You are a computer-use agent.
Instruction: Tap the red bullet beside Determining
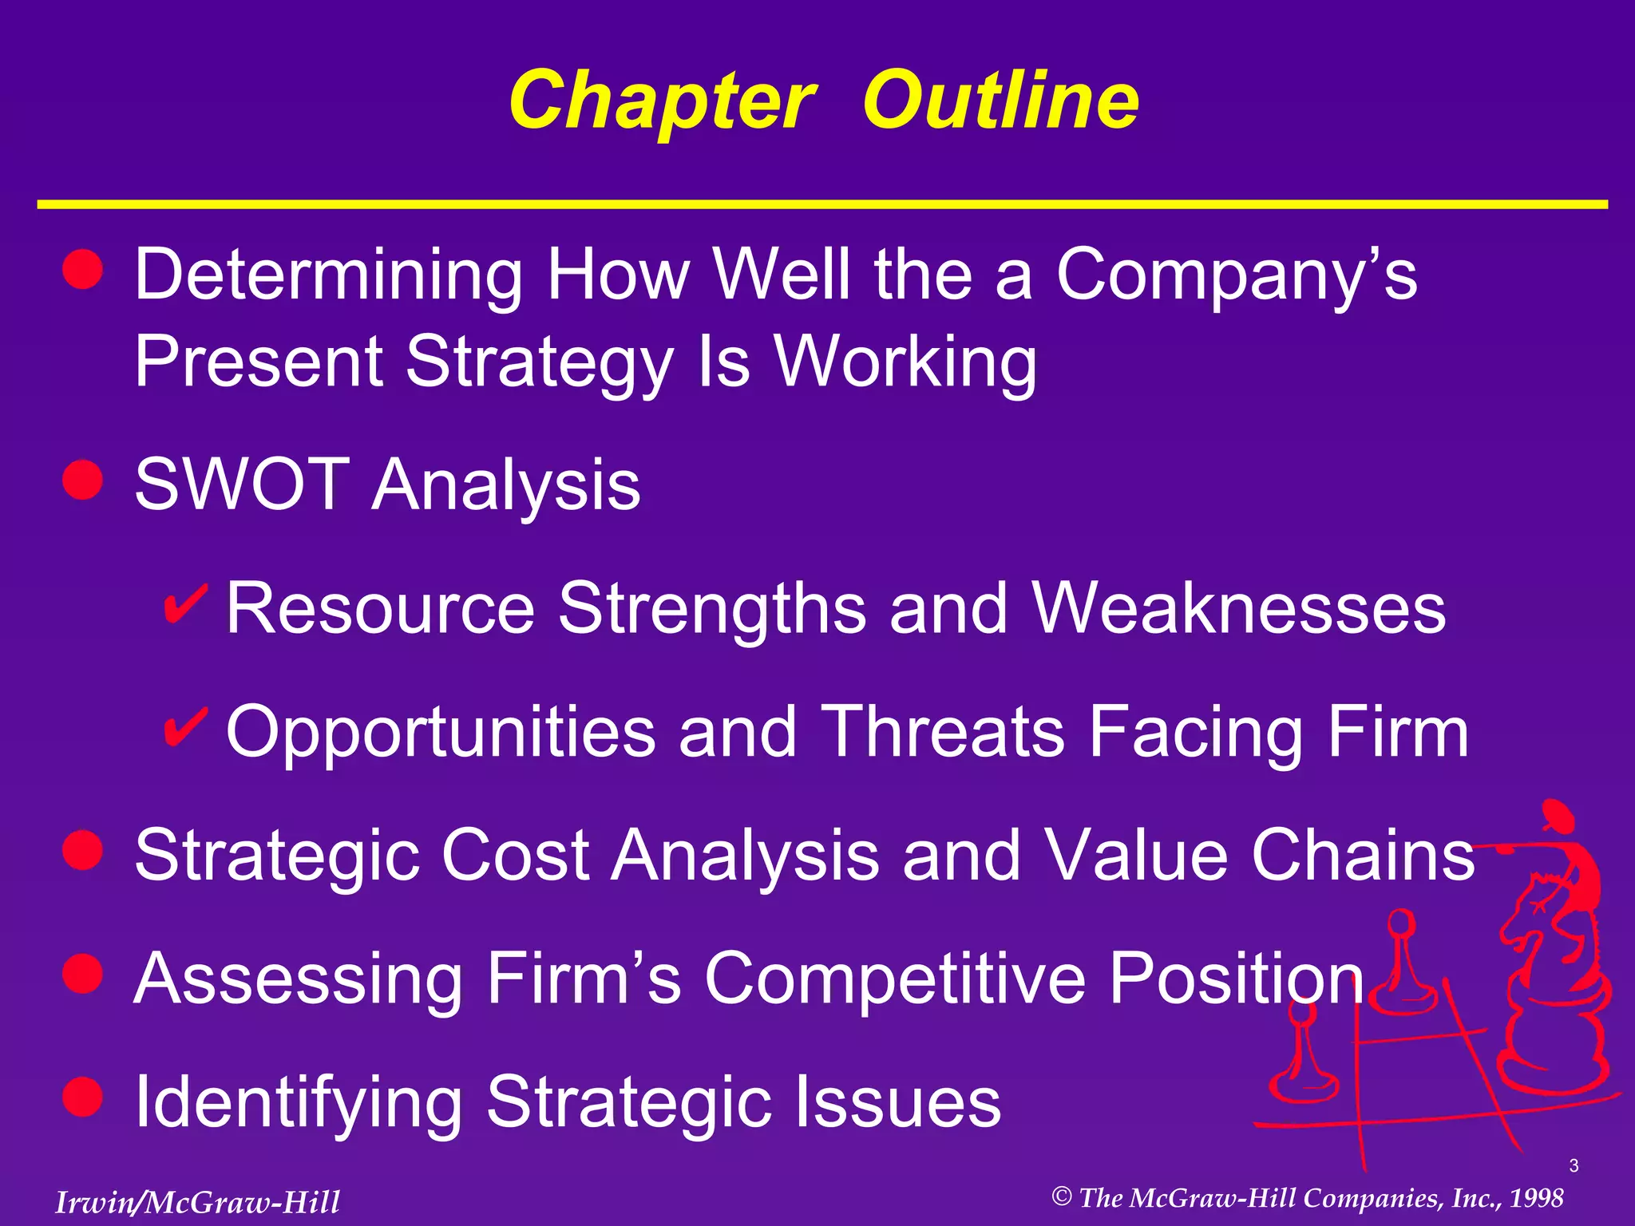coord(83,269)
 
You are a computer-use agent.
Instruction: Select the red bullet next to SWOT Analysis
coord(83,481)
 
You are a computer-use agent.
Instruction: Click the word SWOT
coord(242,484)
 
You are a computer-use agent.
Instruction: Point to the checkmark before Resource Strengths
coord(185,604)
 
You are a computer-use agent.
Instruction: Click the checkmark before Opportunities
coord(185,727)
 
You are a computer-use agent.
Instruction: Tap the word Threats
coord(943,732)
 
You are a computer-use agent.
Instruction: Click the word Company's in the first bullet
coord(1236,275)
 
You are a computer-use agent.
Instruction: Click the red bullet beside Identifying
coord(83,1097)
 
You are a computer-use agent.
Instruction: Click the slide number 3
coord(1574,1166)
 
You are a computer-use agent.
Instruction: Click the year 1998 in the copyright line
coord(1536,1198)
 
